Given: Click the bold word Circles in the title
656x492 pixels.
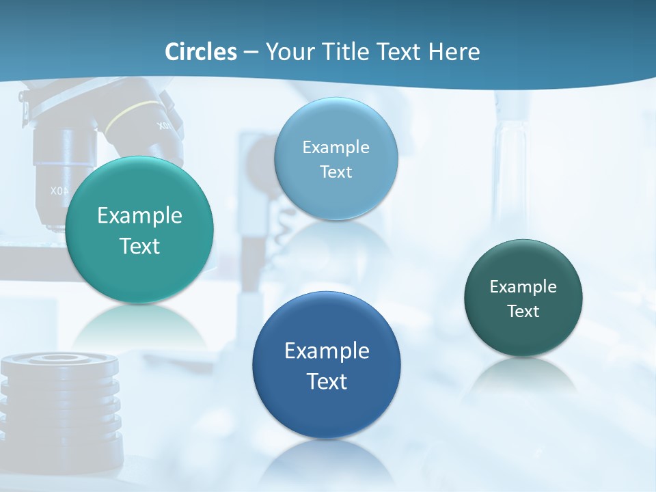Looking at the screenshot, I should click(x=201, y=52).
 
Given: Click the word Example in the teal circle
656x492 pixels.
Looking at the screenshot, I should click(x=139, y=216).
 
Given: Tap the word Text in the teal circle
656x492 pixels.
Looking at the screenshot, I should click(x=139, y=246).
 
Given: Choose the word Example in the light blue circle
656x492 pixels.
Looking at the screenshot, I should click(x=336, y=147).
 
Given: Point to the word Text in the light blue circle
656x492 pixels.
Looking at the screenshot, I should click(x=336, y=172).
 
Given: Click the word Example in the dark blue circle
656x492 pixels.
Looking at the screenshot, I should click(x=327, y=351).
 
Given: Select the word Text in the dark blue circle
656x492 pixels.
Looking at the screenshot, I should click(x=327, y=381).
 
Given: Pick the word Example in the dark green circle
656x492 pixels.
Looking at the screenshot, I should click(x=523, y=287).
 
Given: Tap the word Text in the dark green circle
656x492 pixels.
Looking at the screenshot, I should click(x=523, y=312).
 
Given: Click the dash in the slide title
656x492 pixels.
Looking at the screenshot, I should click(x=251, y=53).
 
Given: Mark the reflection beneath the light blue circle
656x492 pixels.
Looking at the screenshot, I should click(x=336, y=239).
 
